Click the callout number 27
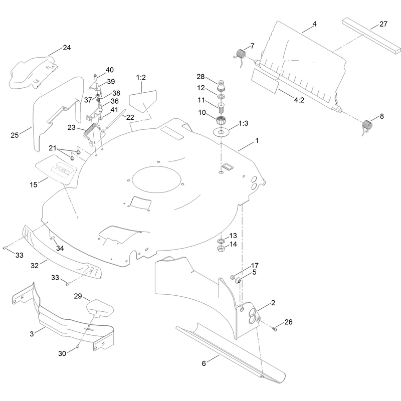(x=383, y=24)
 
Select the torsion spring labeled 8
(x=367, y=126)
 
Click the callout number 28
(x=201, y=77)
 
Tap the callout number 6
(x=204, y=363)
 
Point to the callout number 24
(x=67, y=48)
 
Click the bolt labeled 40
(x=95, y=76)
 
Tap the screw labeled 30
(x=78, y=346)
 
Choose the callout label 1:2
(x=141, y=78)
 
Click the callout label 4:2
(x=299, y=100)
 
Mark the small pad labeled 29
(x=100, y=308)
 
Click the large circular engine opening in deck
(x=156, y=179)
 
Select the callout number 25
(x=15, y=135)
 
